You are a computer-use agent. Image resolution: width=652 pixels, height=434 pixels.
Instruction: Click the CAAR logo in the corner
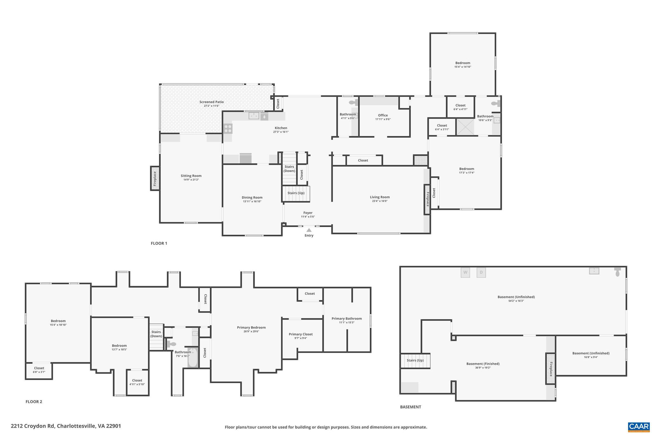[x=639, y=427]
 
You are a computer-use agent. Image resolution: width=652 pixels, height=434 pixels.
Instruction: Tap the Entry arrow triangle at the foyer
[x=309, y=230]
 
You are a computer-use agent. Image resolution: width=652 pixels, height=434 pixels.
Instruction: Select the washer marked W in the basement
[x=465, y=272]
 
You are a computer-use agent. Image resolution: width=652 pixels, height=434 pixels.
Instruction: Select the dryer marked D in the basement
[x=481, y=272]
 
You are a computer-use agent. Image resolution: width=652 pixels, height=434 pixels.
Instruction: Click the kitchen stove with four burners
[x=228, y=128]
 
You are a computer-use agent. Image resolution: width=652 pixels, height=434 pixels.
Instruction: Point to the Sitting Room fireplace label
[x=155, y=178]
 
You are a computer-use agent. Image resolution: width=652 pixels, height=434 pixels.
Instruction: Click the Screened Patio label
[x=211, y=102]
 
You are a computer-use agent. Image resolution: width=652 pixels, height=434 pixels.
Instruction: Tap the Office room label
[x=383, y=115]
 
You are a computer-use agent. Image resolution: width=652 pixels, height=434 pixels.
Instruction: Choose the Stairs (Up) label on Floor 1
[x=296, y=193]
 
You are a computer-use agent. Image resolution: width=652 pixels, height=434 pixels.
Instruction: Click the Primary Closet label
[x=301, y=334]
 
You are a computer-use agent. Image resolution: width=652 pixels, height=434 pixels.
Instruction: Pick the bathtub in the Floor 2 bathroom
[x=193, y=358]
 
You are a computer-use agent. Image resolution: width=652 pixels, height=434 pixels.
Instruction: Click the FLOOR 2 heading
[x=34, y=402]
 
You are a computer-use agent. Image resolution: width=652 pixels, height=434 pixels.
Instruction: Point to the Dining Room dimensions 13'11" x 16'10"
[x=252, y=202]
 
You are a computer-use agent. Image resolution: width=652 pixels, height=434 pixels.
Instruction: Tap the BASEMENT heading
[x=410, y=407]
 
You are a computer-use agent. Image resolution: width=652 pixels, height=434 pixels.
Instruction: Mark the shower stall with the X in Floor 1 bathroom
[x=465, y=127]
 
